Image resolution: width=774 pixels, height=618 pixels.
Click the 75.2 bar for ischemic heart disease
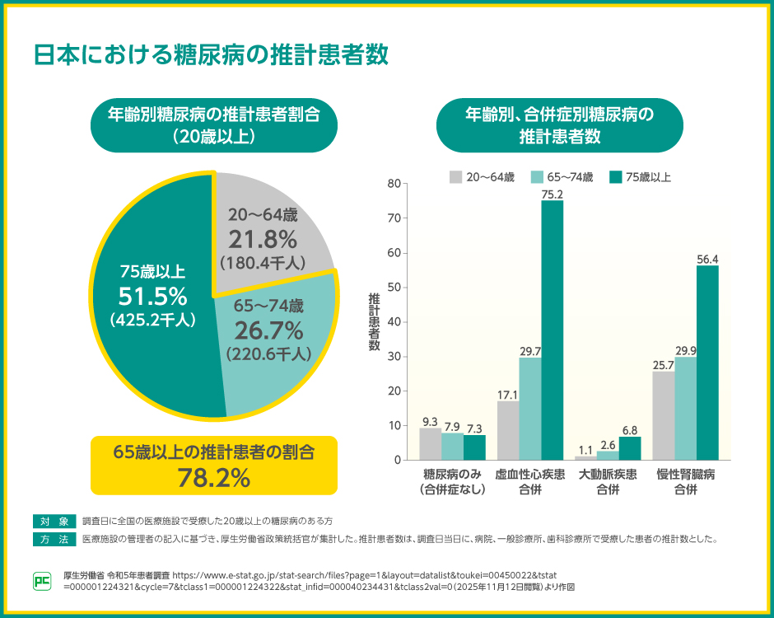[x=553, y=330]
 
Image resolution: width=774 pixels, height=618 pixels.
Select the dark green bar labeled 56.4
[x=707, y=363]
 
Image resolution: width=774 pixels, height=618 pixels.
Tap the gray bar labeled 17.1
[x=508, y=430]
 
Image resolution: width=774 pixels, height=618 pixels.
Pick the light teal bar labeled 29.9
[x=685, y=408]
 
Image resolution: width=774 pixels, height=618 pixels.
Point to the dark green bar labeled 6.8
[x=630, y=448]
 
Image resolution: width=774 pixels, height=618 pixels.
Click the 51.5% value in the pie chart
[x=152, y=296]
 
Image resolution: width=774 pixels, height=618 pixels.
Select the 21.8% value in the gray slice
[x=263, y=240]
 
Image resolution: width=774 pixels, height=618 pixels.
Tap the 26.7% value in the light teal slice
[x=268, y=330]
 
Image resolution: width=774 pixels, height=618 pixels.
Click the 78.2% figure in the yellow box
[x=213, y=476]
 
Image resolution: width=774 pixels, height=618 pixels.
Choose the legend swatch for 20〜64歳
[x=455, y=176]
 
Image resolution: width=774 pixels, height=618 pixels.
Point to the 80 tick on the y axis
[x=394, y=184]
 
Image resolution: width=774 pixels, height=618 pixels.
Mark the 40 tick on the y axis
[x=394, y=322]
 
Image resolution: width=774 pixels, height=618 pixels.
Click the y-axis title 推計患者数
[x=374, y=322]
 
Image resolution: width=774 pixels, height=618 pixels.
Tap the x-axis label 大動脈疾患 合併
[x=608, y=482]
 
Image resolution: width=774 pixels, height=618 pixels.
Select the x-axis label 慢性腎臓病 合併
[x=685, y=482]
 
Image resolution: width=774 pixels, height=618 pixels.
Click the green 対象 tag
[x=54, y=521]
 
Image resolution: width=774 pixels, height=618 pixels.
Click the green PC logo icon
[x=42, y=581]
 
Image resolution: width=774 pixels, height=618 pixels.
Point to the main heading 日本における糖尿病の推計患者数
[x=210, y=55]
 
